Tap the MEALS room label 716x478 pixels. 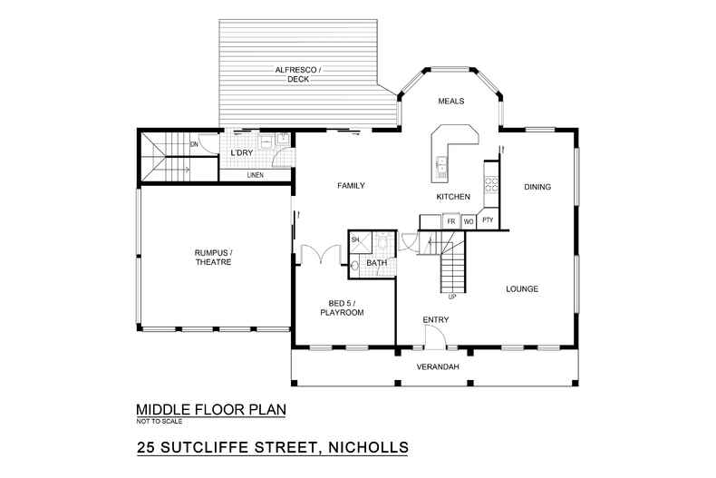pos(450,102)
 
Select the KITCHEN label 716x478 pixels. pos(452,197)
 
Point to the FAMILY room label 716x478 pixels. pos(351,186)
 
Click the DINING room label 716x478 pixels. pos(537,188)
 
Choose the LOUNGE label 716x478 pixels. pos(522,289)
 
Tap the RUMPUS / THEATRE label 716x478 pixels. pos(213,257)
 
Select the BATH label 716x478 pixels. pos(377,264)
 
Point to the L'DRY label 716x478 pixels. pos(241,153)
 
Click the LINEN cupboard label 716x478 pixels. pos(255,175)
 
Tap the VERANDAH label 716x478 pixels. pos(434,367)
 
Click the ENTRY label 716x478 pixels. pos(435,319)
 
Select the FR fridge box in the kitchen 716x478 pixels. pos(450,220)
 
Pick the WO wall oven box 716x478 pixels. pos(469,220)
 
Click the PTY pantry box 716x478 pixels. pos(489,220)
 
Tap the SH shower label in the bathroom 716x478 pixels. pos(355,239)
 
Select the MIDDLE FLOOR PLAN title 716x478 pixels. pos(210,409)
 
